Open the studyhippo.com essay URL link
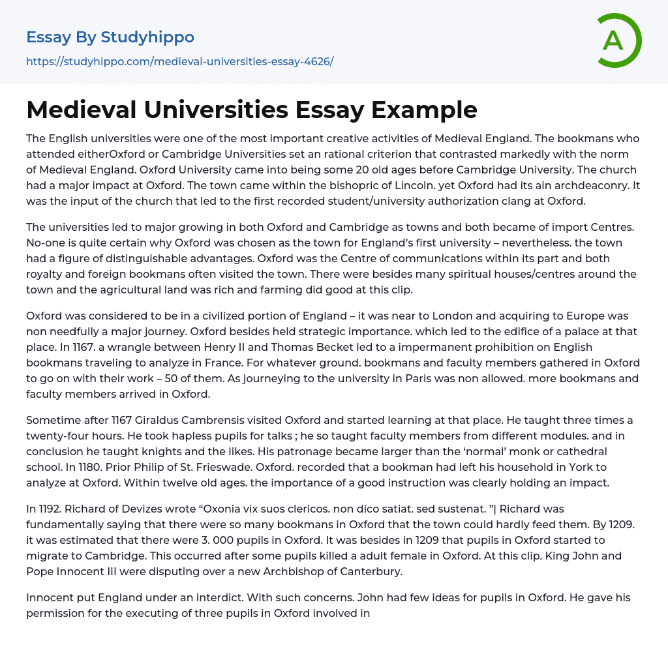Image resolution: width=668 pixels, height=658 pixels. coord(179,61)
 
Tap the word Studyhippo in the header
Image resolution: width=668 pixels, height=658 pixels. coord(147,37)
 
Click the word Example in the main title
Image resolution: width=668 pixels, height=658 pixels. coord(424,110)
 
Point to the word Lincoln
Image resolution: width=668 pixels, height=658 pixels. coord(427,186)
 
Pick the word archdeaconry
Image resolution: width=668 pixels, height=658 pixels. coord(583,186)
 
